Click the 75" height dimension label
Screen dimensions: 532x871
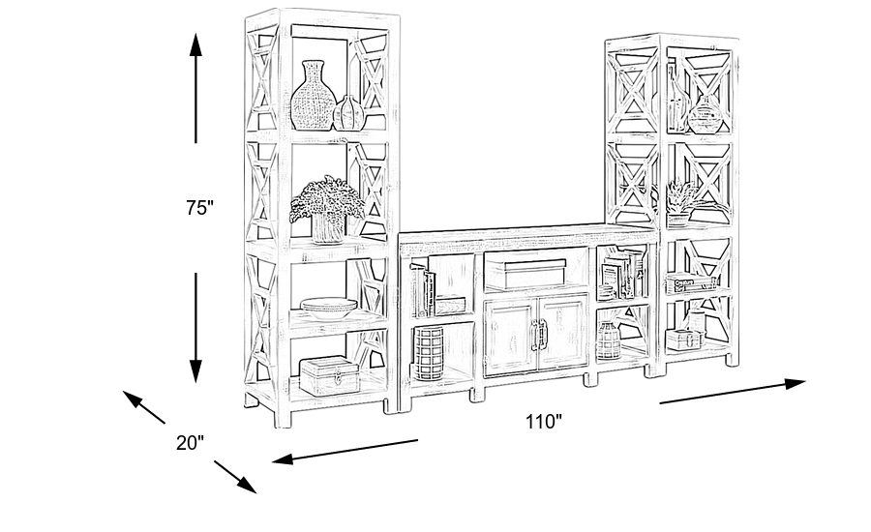[199, 207]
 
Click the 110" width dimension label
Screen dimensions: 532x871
[544, 422]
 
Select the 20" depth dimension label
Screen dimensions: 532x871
[190, 443]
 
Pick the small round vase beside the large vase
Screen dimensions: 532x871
[348, 113]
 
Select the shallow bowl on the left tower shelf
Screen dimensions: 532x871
[328, 309]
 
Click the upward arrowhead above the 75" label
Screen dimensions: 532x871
[195, 44]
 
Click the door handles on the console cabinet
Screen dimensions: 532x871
[537, 334]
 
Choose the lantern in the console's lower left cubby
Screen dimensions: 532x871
[429, 351]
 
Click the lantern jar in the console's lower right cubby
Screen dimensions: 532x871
[607, 340]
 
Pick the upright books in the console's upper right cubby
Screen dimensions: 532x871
[624, 274]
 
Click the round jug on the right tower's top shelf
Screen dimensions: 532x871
[705, 115]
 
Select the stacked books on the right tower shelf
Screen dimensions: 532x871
[689, 284]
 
